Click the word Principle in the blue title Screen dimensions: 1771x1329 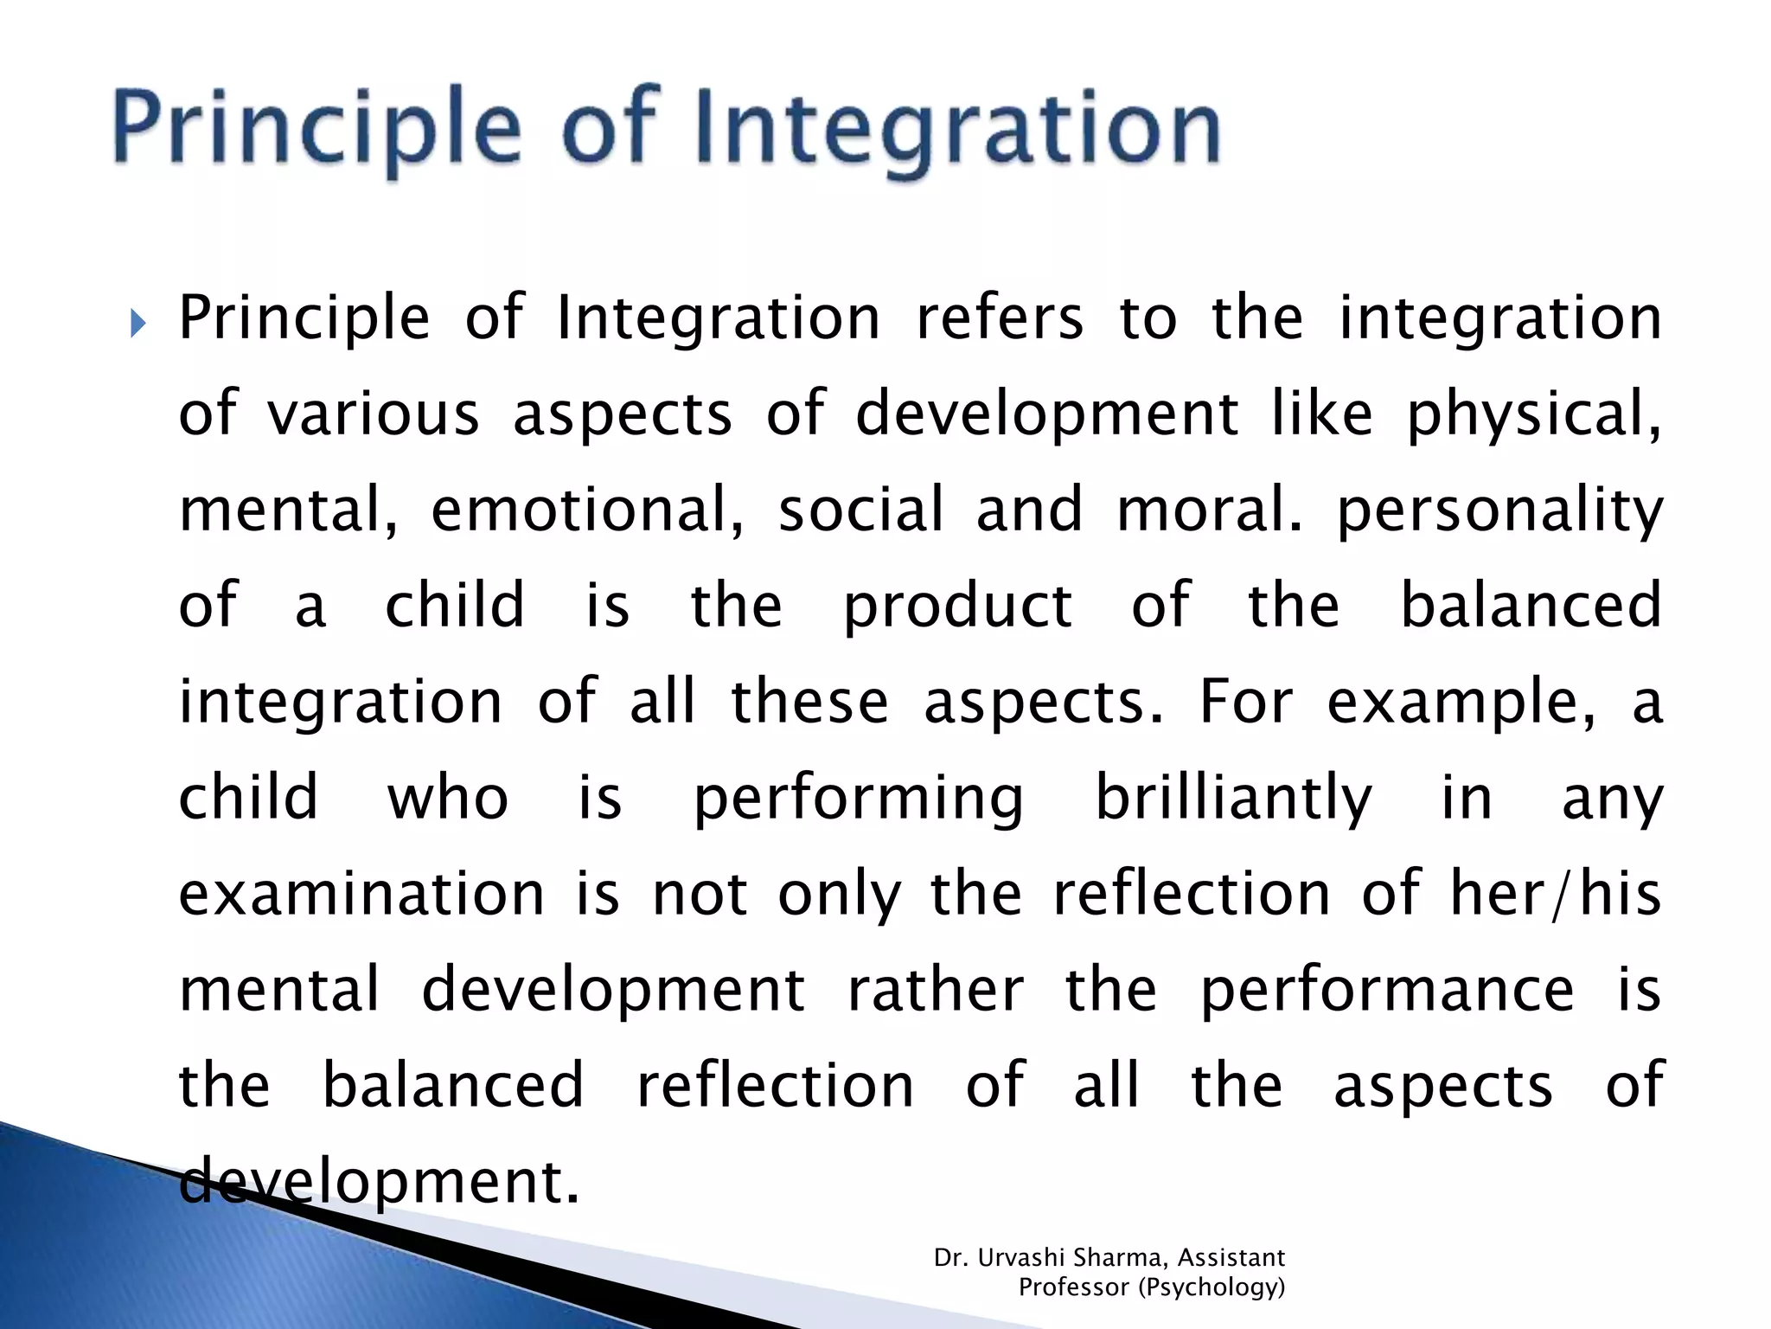[x=316, y=130]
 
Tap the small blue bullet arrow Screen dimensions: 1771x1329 [x=138, y=324]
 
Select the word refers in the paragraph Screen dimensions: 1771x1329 [x=1000, y=317]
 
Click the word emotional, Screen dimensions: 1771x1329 [x=588, y=510]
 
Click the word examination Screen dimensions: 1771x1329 [x=361, y=893]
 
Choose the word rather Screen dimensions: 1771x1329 [x=936, y=989]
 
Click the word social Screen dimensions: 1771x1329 [x=861, y=509]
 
